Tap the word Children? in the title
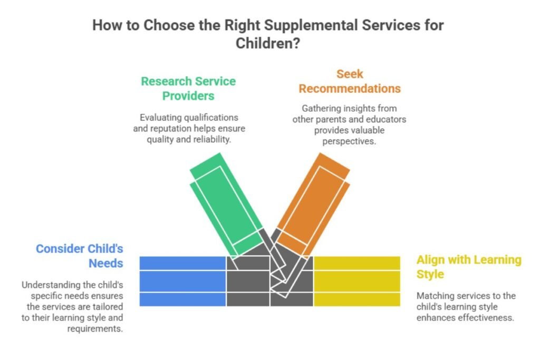pos(267,44)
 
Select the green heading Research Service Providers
pos(188,89)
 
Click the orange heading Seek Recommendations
pos(350,81)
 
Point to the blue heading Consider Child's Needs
pos(80,256)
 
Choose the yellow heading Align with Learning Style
pos(469,267)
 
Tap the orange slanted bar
pos(313,206)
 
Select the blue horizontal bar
pos(183,281)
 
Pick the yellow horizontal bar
pos(357,281)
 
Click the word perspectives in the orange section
pos(349,141)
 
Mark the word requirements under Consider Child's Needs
pos(95,329)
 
